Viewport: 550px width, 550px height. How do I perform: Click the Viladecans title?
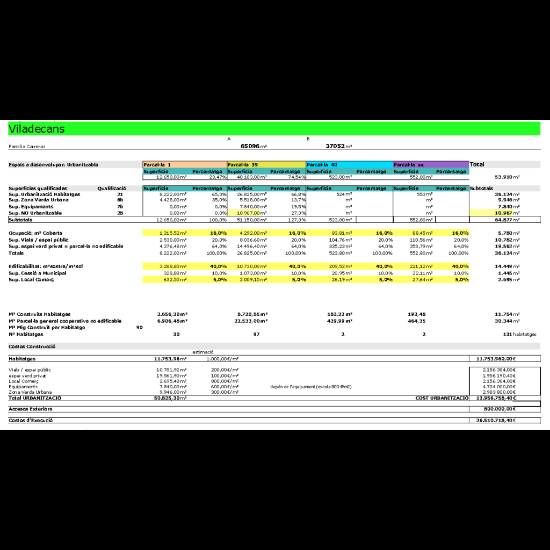tap(37, 129)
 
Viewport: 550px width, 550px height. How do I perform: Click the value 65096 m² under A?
tap(254, 146)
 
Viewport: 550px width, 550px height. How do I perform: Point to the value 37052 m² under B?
tap(339, 146)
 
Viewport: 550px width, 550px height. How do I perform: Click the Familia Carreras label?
tap(27, 146)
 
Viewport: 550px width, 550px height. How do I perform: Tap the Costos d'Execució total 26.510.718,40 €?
tap(496, 421)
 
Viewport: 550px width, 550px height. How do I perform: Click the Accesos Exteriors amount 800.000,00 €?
tap(499, 409)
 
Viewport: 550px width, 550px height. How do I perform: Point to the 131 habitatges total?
tap(519, 334)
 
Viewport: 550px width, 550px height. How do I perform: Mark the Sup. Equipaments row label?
tap(31, 207)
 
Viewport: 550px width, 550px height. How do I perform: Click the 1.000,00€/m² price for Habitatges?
tap(222, 358)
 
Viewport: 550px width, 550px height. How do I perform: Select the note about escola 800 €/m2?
tap(311, 387)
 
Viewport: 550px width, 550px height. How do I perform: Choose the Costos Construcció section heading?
tap(32, 346)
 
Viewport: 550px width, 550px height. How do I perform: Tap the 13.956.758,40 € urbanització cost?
tap(496, 398)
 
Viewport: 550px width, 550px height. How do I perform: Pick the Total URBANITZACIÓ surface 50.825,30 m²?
tap(170, 398)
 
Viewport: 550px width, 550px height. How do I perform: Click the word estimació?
tap(203, 352)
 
